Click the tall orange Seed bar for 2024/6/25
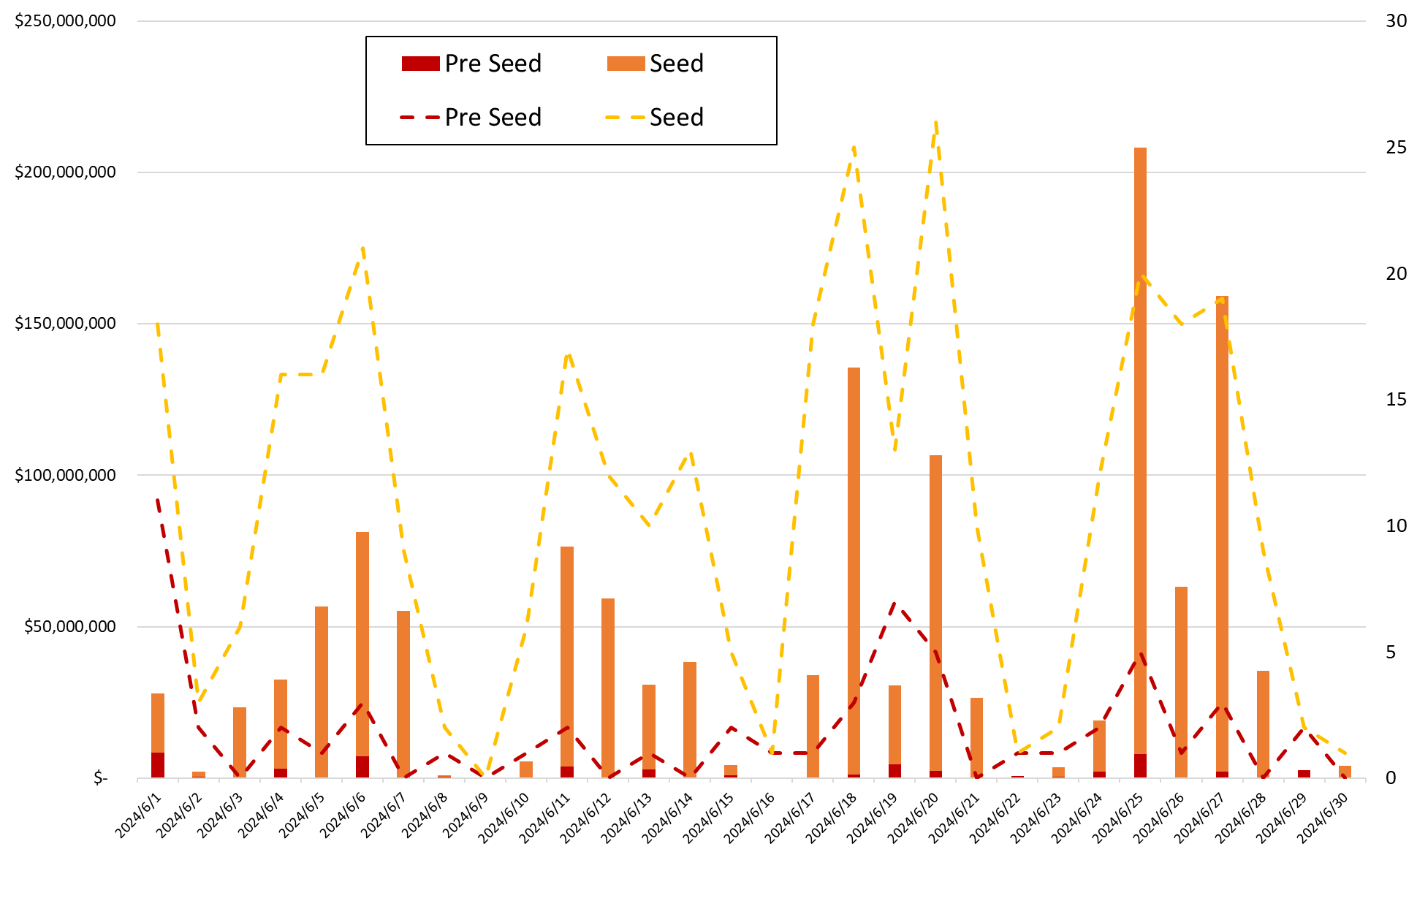coord(1140,438)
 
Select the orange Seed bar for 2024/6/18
coord(854,570)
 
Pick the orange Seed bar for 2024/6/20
coord(935,614)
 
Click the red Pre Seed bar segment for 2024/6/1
coord(158,764)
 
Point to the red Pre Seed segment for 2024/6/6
coord(362,767)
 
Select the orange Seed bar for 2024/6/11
coord(567,658)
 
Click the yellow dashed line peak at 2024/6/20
coord(935,123)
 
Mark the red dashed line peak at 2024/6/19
coord(895,604)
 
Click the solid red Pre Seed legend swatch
coord(420,64)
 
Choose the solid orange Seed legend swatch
coord(626,64)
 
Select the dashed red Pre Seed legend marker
coord(420,117)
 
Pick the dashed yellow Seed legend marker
coord(626,117)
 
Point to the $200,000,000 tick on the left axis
coord(65,172)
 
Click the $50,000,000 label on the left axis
coord(70,627)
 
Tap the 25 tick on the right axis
coord(1396,148)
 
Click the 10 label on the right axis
coord(1396,526)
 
